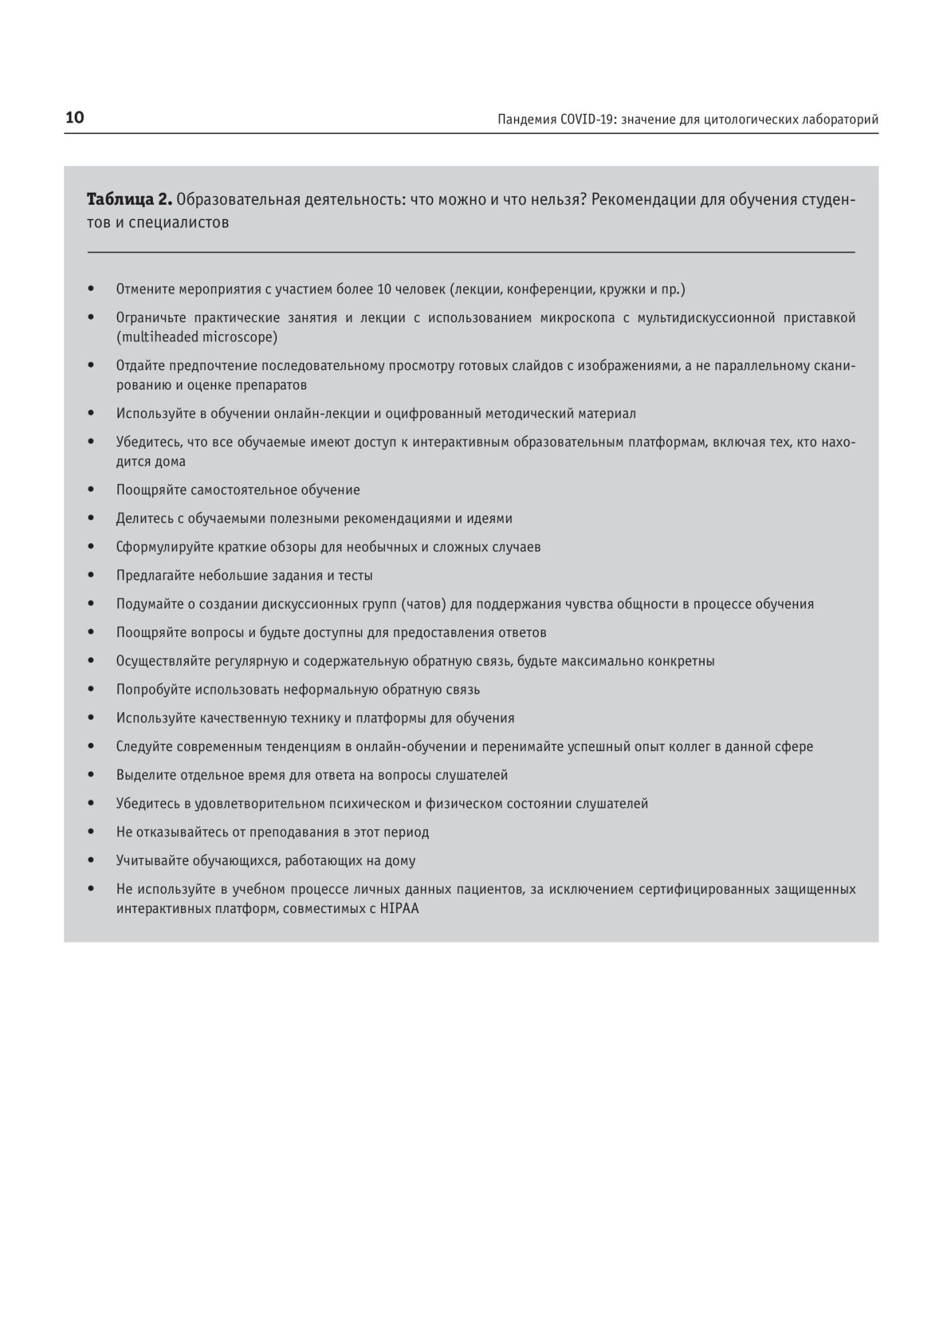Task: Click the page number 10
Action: (75, 118)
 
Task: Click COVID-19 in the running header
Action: (587, 119)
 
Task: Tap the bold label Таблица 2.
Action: (129, 199)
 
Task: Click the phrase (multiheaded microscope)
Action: (197, 337)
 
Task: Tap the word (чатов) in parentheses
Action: (424, 604)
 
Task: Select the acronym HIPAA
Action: (399, 908)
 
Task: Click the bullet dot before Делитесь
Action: (91, 518)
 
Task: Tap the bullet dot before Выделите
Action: (91, 775)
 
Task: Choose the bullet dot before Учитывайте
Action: (91, 860)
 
